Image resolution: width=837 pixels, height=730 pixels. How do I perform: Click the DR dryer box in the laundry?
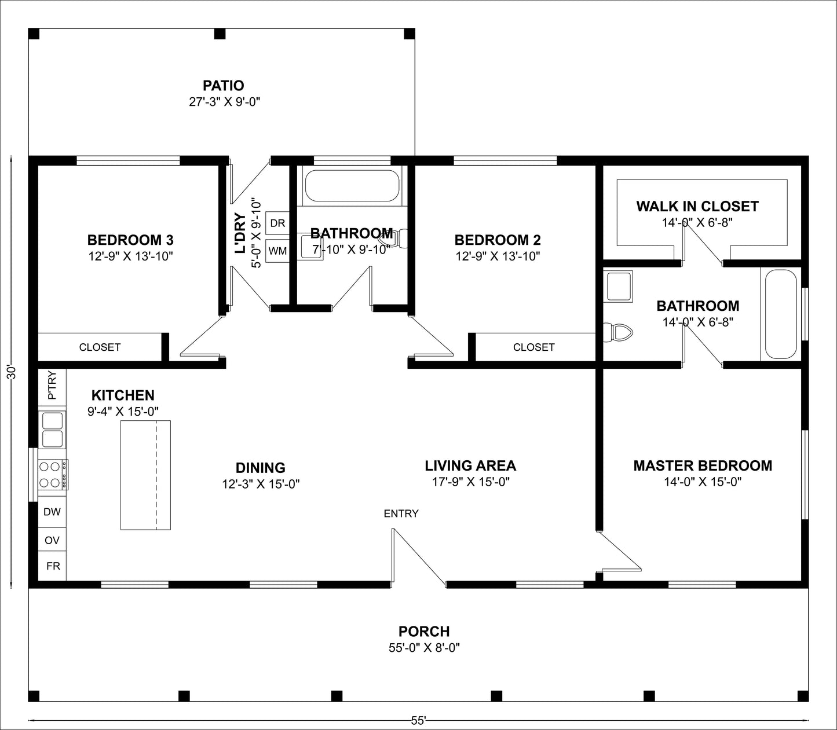click(x=277, y=223)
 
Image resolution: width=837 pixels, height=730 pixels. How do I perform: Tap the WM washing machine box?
click(x=277, y=251)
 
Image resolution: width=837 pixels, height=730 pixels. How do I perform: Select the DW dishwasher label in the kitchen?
click(x=52, y=512)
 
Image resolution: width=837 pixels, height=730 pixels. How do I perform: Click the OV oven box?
click(x=52, y=540)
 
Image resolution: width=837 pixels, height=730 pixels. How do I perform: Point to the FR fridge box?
click(x=53, y=566)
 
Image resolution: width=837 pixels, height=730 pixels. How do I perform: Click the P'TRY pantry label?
click(x=52, y=386)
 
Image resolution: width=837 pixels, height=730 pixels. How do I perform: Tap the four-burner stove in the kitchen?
click(x=52, y=474)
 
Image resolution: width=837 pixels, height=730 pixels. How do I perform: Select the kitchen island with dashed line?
click(x=145, y=475)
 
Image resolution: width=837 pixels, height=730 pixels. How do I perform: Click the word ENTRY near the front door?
click(x=401, y=513)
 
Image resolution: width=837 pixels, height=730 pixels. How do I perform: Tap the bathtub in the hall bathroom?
click(x=352, y=185)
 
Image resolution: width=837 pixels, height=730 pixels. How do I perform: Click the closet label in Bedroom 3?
click(x=100, y=347)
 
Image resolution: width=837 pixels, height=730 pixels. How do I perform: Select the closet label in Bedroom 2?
click(x=533, y=347)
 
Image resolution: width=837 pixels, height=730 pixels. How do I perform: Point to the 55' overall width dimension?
click(x=418, y=721)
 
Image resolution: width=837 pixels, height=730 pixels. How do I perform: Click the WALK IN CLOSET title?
click(x=697, y=206)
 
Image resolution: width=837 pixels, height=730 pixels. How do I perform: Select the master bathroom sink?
click(x=618, y=286)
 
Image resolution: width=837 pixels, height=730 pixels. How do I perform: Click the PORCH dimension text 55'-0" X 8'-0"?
click(x=424, y=648)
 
